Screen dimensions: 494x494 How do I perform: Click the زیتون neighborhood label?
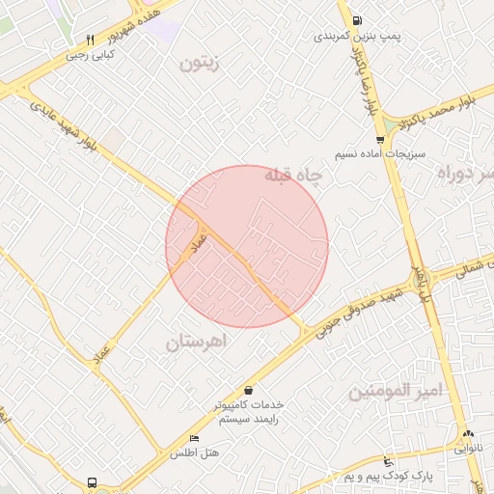coord(201,65)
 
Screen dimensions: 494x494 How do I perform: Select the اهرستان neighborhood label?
coord(201,343)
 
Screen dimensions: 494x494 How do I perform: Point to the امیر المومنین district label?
coord(394,391)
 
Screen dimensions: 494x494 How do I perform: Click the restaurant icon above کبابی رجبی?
coord(90,41)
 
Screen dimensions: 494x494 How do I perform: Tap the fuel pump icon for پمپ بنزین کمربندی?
coord(358,20)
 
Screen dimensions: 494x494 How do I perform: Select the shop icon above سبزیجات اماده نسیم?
coord(380,140)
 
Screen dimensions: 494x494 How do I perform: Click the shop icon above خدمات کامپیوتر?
coord(249,390)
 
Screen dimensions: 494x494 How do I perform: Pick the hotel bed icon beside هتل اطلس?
coord(194,439)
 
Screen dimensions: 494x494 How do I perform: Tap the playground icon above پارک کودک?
coord(388,461)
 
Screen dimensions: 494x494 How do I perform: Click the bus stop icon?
coord(91,481)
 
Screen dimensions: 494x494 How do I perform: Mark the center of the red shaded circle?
coord(247,246)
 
